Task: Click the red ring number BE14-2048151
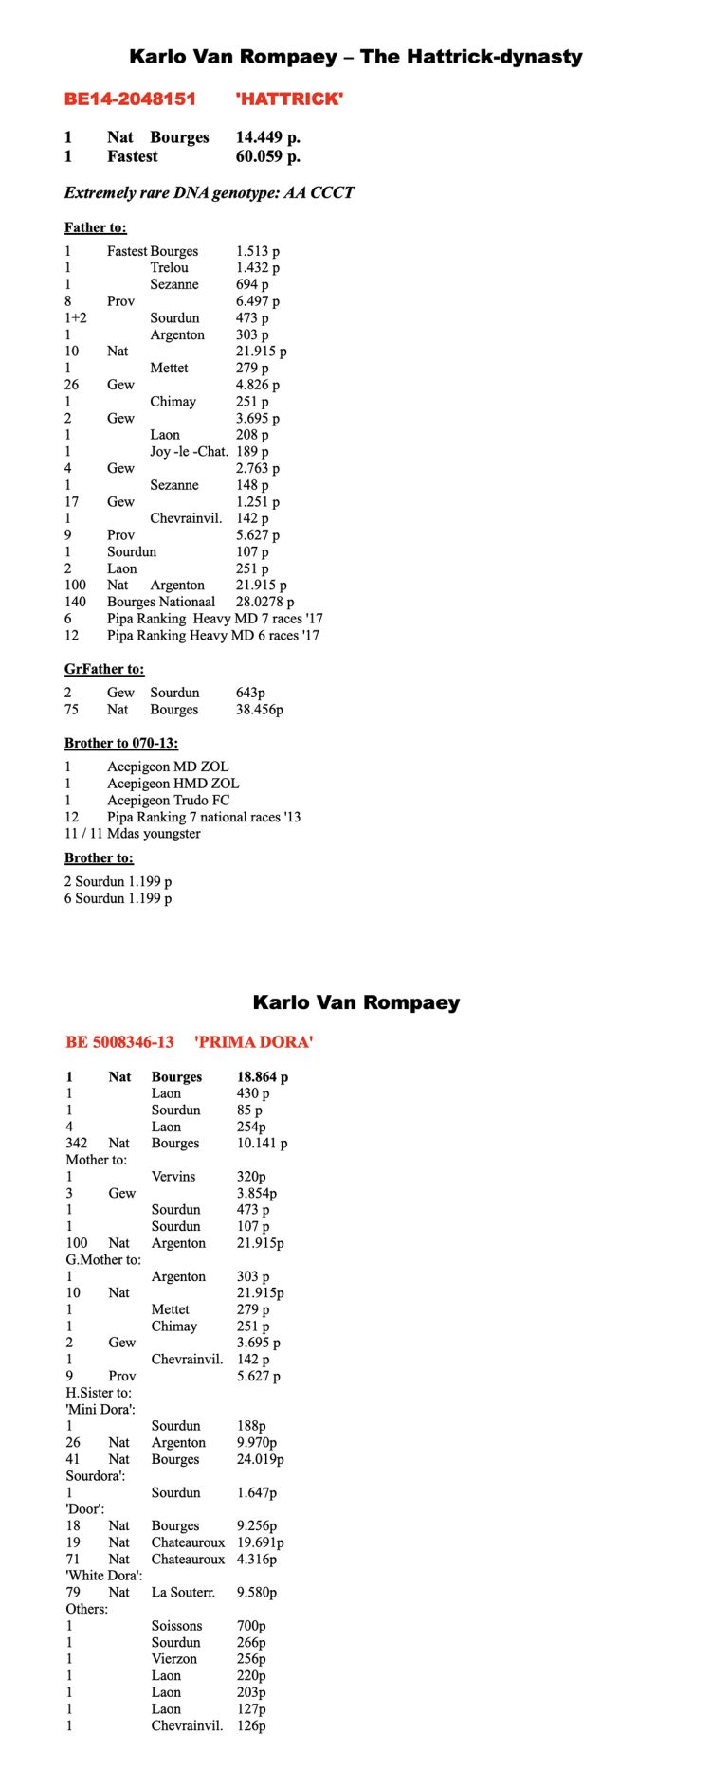[x=130, y=99]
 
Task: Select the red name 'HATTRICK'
[x=288, y=99]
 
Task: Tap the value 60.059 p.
[x=267, y=156]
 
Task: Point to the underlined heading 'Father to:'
[x=95, y=227]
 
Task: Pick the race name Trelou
[x=169, y=267]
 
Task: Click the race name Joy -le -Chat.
[x=189, y=451]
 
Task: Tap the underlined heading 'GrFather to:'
[x=104, y=669]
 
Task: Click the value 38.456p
[x=259, y=709]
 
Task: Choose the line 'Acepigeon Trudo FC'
[x=168, y=800]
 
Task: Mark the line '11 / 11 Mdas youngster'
[x=132, y=834]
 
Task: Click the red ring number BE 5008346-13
[x=119, y=1042]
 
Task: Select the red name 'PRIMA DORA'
[x=253, y=1042]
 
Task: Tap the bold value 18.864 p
[x=263, y=1076]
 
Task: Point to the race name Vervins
[x=173, y=1176]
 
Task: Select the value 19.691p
[x=260, y=1542]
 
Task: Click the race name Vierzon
[x=174, y=1658]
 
